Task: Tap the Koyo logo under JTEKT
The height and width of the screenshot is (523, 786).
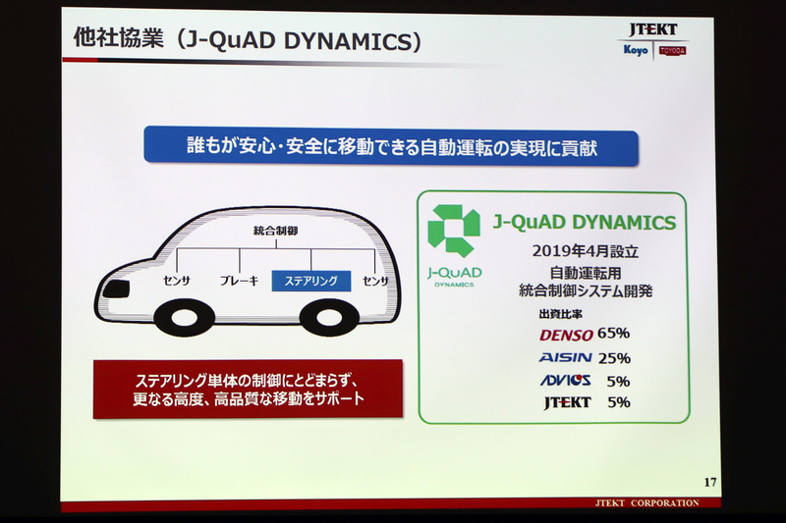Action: [x=635, y=51]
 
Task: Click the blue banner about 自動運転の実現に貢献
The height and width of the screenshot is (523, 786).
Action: [x=391, y=145]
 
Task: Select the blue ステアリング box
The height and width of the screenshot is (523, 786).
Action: [x=310, y=282]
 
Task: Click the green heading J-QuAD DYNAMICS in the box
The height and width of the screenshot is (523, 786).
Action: [x=584, y=222]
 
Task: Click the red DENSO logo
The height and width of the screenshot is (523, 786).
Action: [x=566, y=334]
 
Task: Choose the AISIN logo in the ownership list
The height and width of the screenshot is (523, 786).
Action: [x=566, y=357]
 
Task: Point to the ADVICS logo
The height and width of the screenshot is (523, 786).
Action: [x=566, y=381]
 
